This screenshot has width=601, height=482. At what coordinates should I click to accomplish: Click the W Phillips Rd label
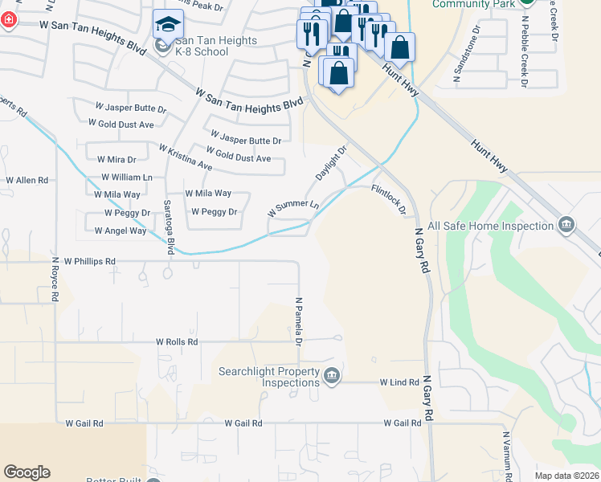90,261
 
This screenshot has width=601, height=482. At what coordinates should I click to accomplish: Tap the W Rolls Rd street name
177,341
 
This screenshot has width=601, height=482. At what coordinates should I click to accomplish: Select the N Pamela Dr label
298,322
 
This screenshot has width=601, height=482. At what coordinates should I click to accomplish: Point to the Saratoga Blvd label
169,227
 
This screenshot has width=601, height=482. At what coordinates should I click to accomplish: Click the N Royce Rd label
55,279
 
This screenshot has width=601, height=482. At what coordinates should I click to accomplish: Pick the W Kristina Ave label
186,157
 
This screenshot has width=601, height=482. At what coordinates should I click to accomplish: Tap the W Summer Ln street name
293,208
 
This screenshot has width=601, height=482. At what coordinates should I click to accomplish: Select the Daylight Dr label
330,163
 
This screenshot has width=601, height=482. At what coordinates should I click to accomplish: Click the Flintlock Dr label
390,200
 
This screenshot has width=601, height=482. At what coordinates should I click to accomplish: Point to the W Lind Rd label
399,383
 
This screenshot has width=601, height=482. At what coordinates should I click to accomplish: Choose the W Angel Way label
121,231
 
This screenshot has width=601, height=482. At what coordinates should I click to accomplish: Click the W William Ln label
126,177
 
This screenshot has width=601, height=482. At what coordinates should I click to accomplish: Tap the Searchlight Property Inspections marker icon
331,375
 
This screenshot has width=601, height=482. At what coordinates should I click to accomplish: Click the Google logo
27,472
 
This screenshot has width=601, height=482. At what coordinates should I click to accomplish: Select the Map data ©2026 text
566,476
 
